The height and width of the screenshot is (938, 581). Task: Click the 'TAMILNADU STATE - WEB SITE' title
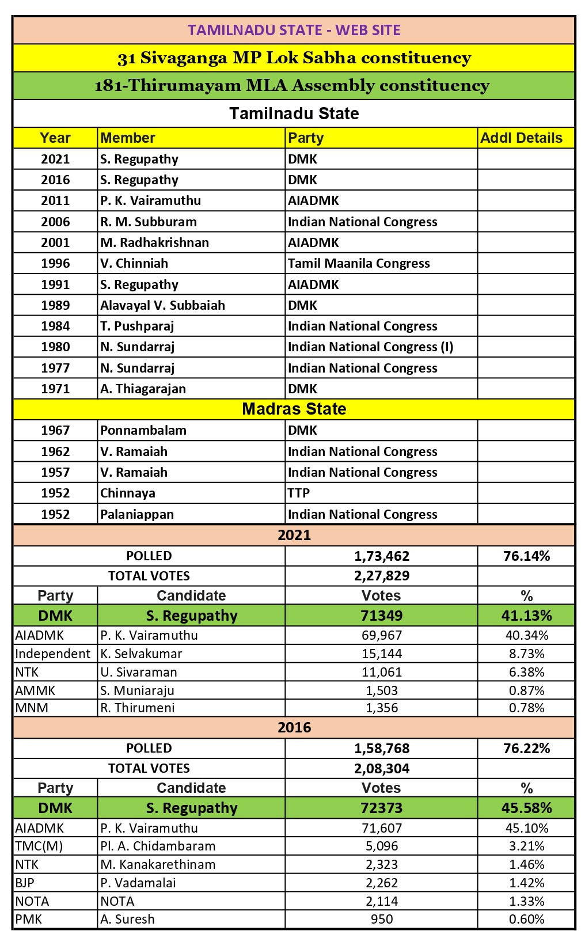click(x=294, y=30)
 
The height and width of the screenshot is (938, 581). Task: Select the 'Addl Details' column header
click(x=521, y=138)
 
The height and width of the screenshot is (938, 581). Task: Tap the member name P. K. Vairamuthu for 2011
click(x=151, y=201)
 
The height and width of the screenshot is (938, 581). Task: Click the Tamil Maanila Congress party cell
click(x=359, y=264)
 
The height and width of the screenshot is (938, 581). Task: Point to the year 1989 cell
click(x=55, y=305)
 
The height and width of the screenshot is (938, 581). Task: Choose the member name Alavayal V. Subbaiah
click(x=162, y=305)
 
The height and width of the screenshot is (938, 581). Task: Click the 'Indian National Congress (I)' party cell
click(x=370, y=347)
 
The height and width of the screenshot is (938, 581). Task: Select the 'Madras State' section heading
click(x=294, y=409)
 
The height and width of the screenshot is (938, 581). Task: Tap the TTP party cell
click(x=299, y=493)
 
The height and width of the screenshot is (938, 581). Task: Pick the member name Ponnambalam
click(x=135, y=431)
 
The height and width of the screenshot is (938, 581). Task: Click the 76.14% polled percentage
click(x=526, y=556)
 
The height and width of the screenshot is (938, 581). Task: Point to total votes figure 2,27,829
click(x=381, y=576)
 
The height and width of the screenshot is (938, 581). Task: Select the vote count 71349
click(x=381, y=616)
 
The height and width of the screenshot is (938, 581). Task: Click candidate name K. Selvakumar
click(x=141, y=654)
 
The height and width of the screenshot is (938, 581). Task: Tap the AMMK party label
click(x=35, y=690)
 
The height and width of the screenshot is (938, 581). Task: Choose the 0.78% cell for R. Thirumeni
click(x=526, y=708)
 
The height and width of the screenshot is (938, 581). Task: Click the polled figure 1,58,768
click(x=381, y=749)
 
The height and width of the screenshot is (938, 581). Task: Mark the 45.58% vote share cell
click(x=526, y=808)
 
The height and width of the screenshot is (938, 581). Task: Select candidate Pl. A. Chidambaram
click(x=158, y=846)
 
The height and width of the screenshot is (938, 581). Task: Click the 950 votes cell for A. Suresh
click(x=381, y=919)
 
